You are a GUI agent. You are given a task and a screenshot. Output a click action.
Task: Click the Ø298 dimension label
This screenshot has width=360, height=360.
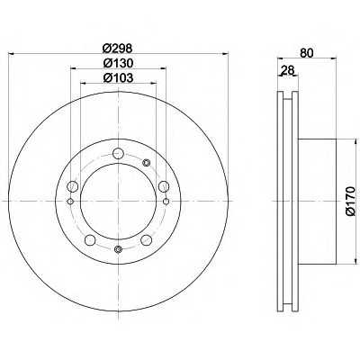click(x=118, y=48)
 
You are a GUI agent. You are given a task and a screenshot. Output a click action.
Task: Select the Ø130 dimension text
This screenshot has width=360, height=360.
click(x=118, y=63)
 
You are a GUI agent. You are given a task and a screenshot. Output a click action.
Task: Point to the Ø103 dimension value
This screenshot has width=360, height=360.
click(x=118, y=78)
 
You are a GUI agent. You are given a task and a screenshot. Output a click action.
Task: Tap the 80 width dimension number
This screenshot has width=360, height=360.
click(x=306, y=53)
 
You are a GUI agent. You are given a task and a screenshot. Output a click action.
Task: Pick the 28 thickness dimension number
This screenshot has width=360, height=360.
click(x=287, y=71)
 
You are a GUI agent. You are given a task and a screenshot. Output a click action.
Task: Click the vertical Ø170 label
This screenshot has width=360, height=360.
click(x=350, y=201)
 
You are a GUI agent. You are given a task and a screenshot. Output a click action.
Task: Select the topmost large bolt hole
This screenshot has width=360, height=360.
click(x=118, y=154)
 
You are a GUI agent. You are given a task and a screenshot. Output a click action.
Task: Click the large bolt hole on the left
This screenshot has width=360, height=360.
click(x=73, y=186)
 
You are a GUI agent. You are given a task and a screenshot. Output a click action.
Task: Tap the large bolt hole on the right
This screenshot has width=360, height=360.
click(x=164, y=186)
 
